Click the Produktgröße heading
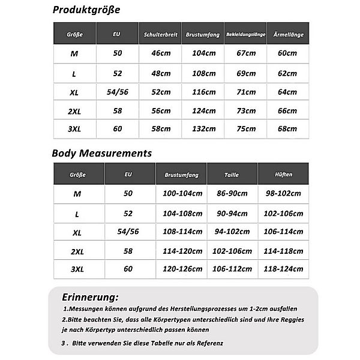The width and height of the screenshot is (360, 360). click(x=86, y=10)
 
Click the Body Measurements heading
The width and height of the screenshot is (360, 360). click(x=102, y=154)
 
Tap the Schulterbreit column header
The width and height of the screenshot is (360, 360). click(x=160, y=35)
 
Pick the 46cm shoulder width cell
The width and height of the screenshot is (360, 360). click(x=160, y=53)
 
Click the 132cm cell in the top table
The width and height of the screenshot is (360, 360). click(x=203, y=128)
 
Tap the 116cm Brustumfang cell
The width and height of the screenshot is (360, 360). click(x=203, y=92)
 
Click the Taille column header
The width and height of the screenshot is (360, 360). click(x=232, y=175)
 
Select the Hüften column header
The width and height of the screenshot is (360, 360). click(x=283, y=175)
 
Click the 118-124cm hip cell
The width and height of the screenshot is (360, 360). click(x=283, y=269)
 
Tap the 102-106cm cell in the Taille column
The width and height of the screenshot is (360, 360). click(x=232, y=251)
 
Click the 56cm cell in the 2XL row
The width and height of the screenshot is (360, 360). click(x=160, y=111)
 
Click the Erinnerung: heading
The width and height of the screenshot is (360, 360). click(x=90, y=297)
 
